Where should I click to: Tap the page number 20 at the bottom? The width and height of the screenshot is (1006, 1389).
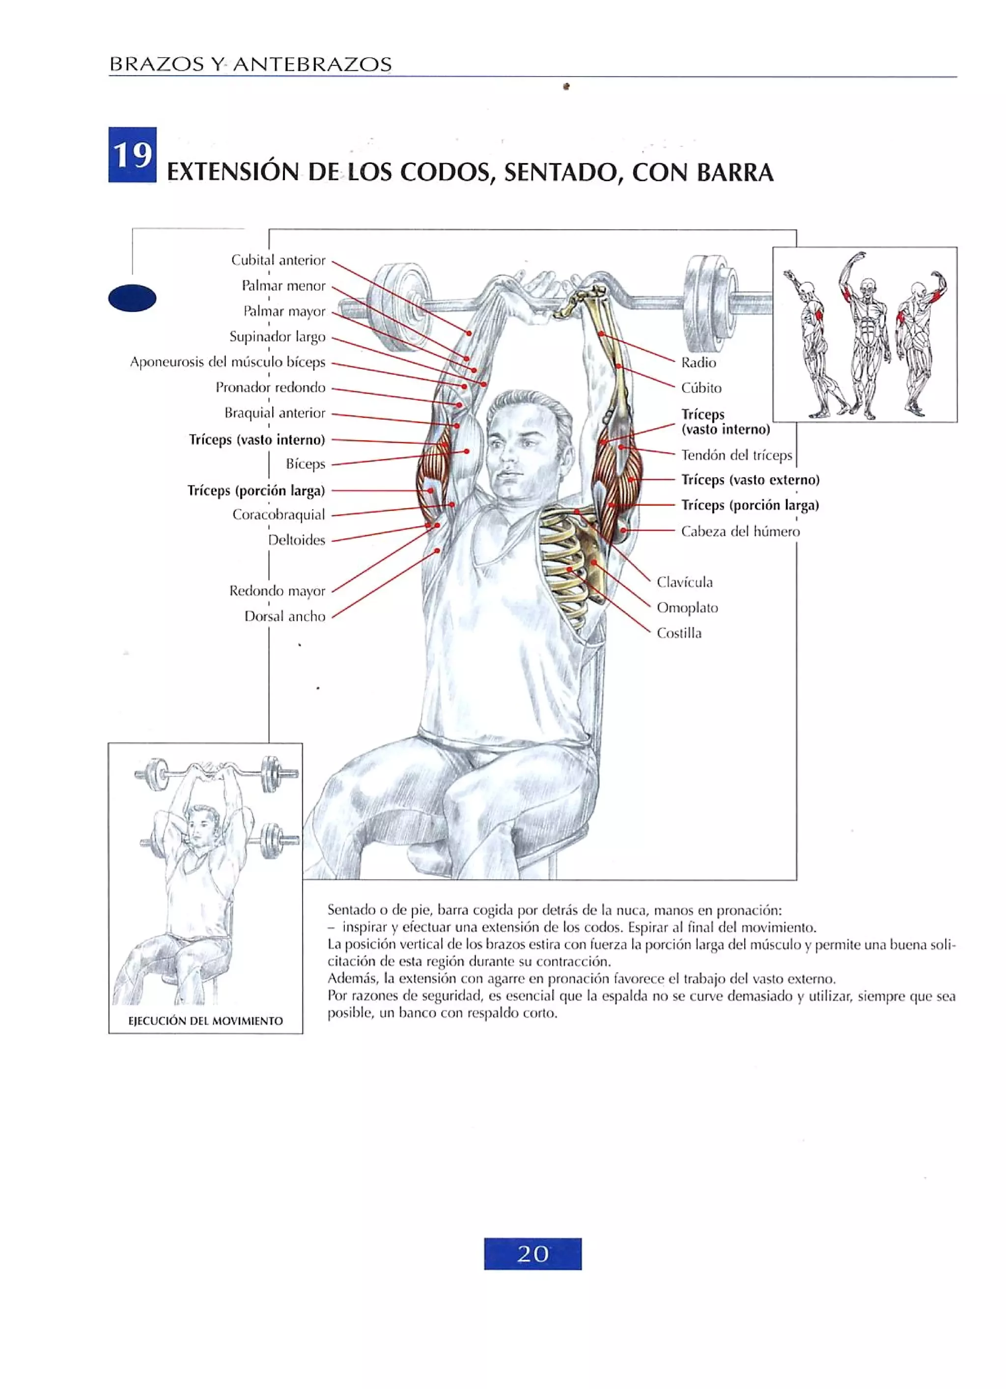[532, 1253]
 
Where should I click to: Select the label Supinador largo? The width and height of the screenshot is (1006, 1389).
[277, 337]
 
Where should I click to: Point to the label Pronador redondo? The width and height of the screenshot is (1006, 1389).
[270, 388]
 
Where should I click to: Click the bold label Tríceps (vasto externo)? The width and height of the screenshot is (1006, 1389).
[750, 480]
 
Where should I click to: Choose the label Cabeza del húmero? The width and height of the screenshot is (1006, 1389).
[740, 532]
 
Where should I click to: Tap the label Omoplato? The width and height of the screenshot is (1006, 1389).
[687, 607]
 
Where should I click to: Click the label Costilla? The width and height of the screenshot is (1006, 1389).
[679, 633]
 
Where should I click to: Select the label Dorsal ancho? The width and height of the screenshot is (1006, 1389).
[284, 617]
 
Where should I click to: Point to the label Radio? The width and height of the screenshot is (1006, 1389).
[699, 362]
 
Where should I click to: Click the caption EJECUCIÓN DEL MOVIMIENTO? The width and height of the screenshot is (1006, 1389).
[205, 1020]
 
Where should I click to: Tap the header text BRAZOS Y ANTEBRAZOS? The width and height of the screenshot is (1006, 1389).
[250, 64]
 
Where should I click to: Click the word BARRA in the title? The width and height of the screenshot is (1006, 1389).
[734, 173]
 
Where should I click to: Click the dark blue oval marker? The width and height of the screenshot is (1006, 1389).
[132, 299]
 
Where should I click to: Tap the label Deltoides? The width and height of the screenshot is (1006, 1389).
[297, 540]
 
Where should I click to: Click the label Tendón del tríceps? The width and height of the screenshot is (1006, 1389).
[736, 456]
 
